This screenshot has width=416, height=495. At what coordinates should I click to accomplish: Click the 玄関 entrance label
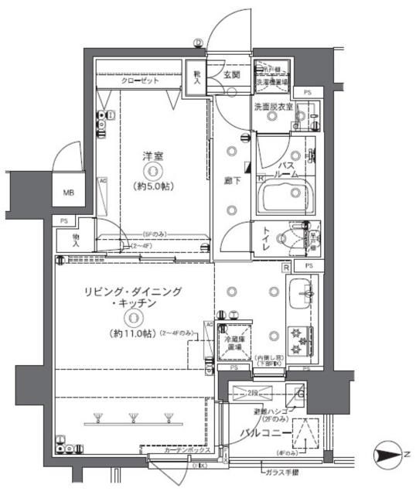[232, 75]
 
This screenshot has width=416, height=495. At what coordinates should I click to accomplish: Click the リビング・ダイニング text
[134, 292]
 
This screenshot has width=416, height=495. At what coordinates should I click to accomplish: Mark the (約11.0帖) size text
[134, 333]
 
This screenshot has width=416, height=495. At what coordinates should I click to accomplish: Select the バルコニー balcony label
[264, 432]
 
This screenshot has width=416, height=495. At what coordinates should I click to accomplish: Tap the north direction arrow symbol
[387, 453]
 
